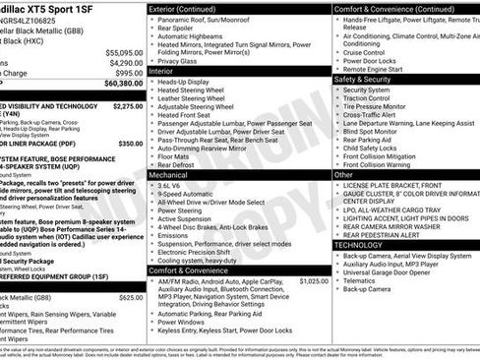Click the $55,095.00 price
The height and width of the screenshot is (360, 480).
pos(124,51)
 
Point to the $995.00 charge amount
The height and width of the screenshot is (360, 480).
pos(128,73)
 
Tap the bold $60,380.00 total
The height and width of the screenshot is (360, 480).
pos(123,85)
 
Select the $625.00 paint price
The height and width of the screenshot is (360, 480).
pos(131,270)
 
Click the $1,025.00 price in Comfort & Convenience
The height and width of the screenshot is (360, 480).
pos(312,253)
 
